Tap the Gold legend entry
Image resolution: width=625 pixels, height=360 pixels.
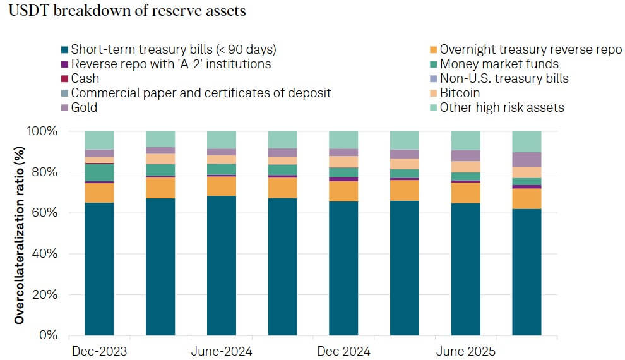pos(83,107)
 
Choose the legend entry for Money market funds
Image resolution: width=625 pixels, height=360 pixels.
pos(499,64)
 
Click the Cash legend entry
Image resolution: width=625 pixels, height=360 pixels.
pos(85,78)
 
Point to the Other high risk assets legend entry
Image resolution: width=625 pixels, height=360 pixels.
pos(501,107)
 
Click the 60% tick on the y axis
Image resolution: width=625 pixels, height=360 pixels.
pos(45,213)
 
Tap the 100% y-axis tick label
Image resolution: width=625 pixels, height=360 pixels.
pos(42,131)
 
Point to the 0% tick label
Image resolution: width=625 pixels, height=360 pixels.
pos(48,335)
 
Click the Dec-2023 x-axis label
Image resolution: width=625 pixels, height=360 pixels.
pos(99,351)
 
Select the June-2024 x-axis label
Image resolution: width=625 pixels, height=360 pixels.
pos(222,351)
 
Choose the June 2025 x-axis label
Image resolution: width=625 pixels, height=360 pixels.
pos(466,351)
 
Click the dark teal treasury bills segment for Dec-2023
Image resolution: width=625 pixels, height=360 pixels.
pos(99,268)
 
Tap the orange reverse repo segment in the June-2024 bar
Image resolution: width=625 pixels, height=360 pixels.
pos(222,186)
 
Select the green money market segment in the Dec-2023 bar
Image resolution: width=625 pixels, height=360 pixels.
pos(99,172)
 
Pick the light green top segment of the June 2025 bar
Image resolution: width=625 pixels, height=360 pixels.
pos(466,141)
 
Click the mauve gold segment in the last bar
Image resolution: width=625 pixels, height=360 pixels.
pos(527,159)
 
